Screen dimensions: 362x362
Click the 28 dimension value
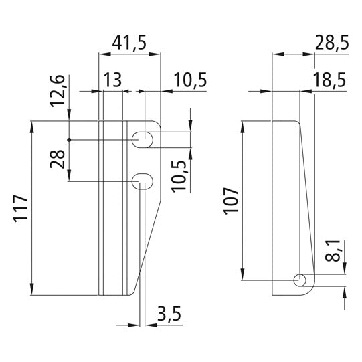tap(60, 161)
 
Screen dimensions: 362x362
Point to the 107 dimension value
tap(230, 199)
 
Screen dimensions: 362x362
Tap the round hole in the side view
tap(302, 280)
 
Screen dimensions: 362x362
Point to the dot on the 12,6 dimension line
tap(69, 140)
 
